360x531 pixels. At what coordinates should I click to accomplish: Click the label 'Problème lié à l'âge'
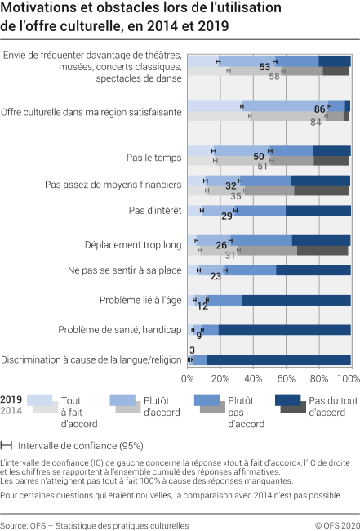[140, 300]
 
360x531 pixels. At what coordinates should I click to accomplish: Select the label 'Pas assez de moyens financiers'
[113, 185]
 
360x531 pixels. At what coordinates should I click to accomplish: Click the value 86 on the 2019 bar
[319, 109]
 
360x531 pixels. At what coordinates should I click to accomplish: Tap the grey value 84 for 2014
[316, 122]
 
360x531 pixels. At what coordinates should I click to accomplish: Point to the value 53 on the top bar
[264, 67]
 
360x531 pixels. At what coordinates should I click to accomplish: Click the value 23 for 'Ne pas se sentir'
[216, 276]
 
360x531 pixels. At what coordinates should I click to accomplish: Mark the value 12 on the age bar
[202, 306]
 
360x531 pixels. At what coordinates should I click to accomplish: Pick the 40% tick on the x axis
[253, 379]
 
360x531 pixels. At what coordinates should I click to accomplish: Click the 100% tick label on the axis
[349, 379]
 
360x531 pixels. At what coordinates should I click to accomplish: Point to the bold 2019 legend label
[12, 399]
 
